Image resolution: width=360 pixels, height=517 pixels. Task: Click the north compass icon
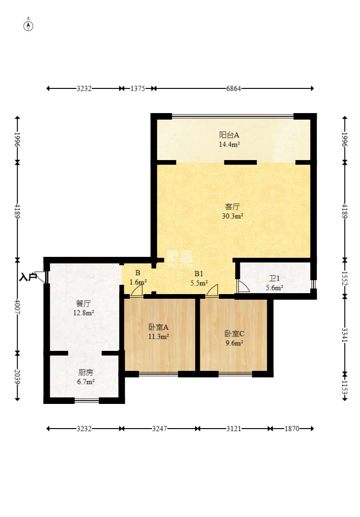pyautogui.click(x=28, y=26)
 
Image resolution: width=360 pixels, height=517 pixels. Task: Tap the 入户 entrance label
pyautogui.click(x=28, y=277)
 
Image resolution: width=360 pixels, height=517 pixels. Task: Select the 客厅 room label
pyautogui.click(x=232, y=207)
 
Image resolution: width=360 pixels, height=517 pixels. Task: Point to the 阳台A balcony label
pyautogui.click(x=229, y=135)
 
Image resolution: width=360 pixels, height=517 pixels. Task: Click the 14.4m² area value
pyautogui.click(x=229, y=144)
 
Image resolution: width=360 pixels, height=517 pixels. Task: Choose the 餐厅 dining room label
pyautogui.click(x=83, y=303)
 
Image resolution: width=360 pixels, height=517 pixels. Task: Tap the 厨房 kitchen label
pyautogui.click(x=86, y=373)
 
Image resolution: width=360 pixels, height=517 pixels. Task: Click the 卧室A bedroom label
pyautogui.click(x=158, y=327)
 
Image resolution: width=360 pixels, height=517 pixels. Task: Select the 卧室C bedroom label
pyautogui.click(x=234, y=333)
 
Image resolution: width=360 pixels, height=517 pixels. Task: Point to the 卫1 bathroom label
pyautogui.click(x=274, y=278)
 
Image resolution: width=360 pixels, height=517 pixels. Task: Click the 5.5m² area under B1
pyautogui.click(x=199, y=283)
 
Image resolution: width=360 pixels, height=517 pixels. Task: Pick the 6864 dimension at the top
pyautogui.click(x=233, y=88)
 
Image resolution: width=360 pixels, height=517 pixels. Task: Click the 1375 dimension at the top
pyautogui.click(x=137, y=88)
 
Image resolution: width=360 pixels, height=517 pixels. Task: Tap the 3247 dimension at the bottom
pyautogui.click(x=159, y=429)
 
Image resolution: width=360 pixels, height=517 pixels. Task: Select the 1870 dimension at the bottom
pyautogui.click(x=292, y=429)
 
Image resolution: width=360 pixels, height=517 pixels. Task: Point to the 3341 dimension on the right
pyautogui.click(x=345, y=334)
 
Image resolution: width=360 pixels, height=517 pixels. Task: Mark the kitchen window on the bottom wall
pyautogui.click(x=87, y=400)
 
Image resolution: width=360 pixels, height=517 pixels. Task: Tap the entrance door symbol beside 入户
pyautogui.click(x=41, y=276)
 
